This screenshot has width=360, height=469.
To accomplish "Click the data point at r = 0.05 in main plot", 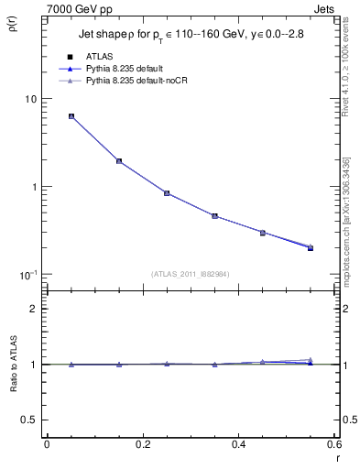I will [x=71, y=116].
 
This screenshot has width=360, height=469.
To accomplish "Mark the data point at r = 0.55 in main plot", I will [x=311, y=247].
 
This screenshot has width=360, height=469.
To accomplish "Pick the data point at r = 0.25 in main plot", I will [x=167, y=193].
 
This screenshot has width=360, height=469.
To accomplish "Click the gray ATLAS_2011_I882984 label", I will [x=191, y=274].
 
